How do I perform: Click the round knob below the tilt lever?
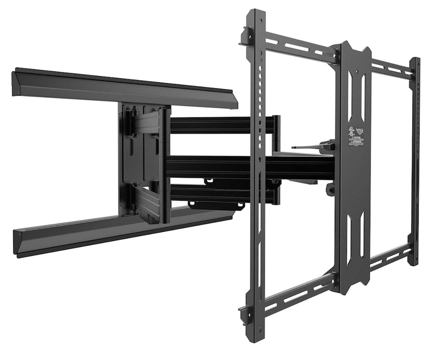point(330,189)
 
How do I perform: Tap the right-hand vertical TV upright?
point(414,161)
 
